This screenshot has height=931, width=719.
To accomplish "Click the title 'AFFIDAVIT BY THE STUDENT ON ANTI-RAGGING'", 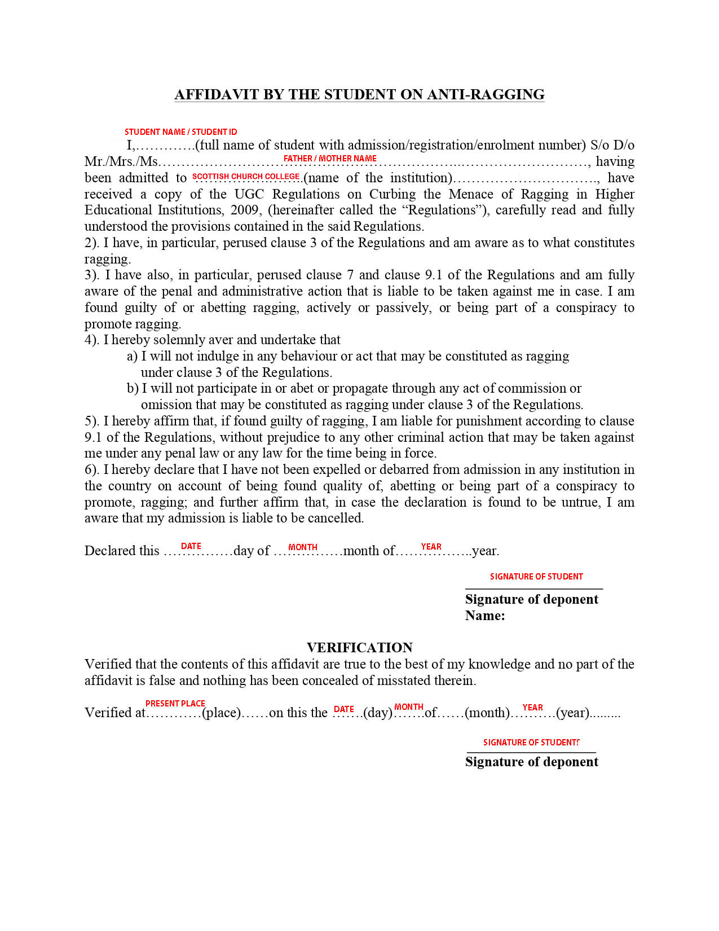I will [x=359, y=94].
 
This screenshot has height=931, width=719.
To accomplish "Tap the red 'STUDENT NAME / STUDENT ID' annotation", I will [x=180, y=132].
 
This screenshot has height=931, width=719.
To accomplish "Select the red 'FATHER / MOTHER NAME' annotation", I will [x=330, y=159].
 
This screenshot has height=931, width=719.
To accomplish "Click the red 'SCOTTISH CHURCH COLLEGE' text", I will [x=246, y=177].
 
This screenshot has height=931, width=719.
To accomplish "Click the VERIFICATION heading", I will [x=359, y=647].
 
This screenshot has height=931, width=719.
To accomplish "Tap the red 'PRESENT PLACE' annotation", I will [x=175, y=704].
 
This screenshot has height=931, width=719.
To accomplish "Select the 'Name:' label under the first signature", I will [x=485, y=616].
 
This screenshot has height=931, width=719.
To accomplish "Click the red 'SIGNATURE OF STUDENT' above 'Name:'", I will [x=536, y=577].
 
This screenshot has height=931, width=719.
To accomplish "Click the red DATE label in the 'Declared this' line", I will [x=191, y=546].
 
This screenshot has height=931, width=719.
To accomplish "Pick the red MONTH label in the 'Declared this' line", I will [x=303, y=547].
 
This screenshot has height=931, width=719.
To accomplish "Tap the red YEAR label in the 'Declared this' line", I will [x=431, y=547].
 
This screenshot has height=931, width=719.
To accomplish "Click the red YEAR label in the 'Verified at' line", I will [x=532, y=708].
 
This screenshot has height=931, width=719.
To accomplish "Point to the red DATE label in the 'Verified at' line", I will [x=344, y=709].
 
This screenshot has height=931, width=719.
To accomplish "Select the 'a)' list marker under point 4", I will [x=132, y=356].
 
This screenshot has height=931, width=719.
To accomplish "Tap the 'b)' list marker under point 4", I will [x=133, y=388].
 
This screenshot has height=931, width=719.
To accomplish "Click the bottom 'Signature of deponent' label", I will [x=531, y=762].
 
